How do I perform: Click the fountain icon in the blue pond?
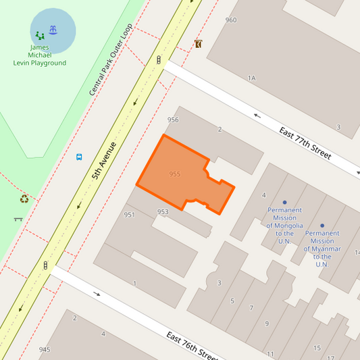click(53, 30)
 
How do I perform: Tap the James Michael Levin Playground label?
click(40, 55)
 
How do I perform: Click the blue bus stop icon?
click(79, 157)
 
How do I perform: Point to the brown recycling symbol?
click(24, 199)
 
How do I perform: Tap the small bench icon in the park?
click(18, 219)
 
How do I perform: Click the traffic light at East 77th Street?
click(159, 60)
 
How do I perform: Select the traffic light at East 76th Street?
click(45, 265)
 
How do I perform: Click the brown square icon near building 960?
click(198, 44)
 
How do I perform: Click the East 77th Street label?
click(305, 141)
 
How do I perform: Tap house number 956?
click(173, 120)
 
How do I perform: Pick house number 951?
click(130, 215)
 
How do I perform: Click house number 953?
click(163, 211)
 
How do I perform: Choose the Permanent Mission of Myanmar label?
click(322, 248)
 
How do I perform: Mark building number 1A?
click(251, 78)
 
